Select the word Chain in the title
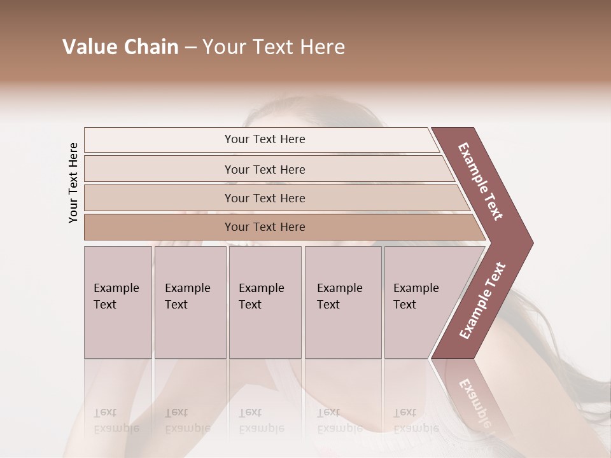click(151, 47)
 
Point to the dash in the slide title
click(190, 48)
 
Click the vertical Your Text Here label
click(73, 183)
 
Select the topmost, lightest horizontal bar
click(261, 139)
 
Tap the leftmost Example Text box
click(118, 302)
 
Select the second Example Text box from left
click(190, 302)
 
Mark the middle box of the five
click(265, 302)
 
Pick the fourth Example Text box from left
click(343, 302)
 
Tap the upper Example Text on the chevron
click(481, 181)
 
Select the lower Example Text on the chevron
click(482, 300)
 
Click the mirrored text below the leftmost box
click(116, 420)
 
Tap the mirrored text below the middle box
click(261, 420)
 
